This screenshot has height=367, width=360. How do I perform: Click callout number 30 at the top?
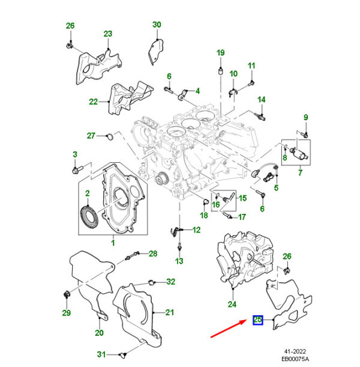[157, 25]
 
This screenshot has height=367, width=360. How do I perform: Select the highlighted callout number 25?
[258, 320]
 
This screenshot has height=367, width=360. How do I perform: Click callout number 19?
[220, 52]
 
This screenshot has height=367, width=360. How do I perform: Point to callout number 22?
[93, 102]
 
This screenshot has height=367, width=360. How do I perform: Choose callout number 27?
[91, 135]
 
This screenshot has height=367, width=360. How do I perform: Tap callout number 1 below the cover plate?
[112, 243]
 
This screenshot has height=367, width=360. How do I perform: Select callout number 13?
[179, 261]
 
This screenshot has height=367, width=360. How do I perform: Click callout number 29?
[67, 312]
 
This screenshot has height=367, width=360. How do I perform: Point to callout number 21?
[169, 312]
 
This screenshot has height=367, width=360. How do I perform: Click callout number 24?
[232, 304]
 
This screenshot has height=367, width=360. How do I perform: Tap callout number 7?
[300, 172]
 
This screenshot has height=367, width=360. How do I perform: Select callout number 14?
[262, 99]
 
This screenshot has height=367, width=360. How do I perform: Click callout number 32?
[171, 282]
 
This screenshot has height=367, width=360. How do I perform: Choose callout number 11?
[251, 65]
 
